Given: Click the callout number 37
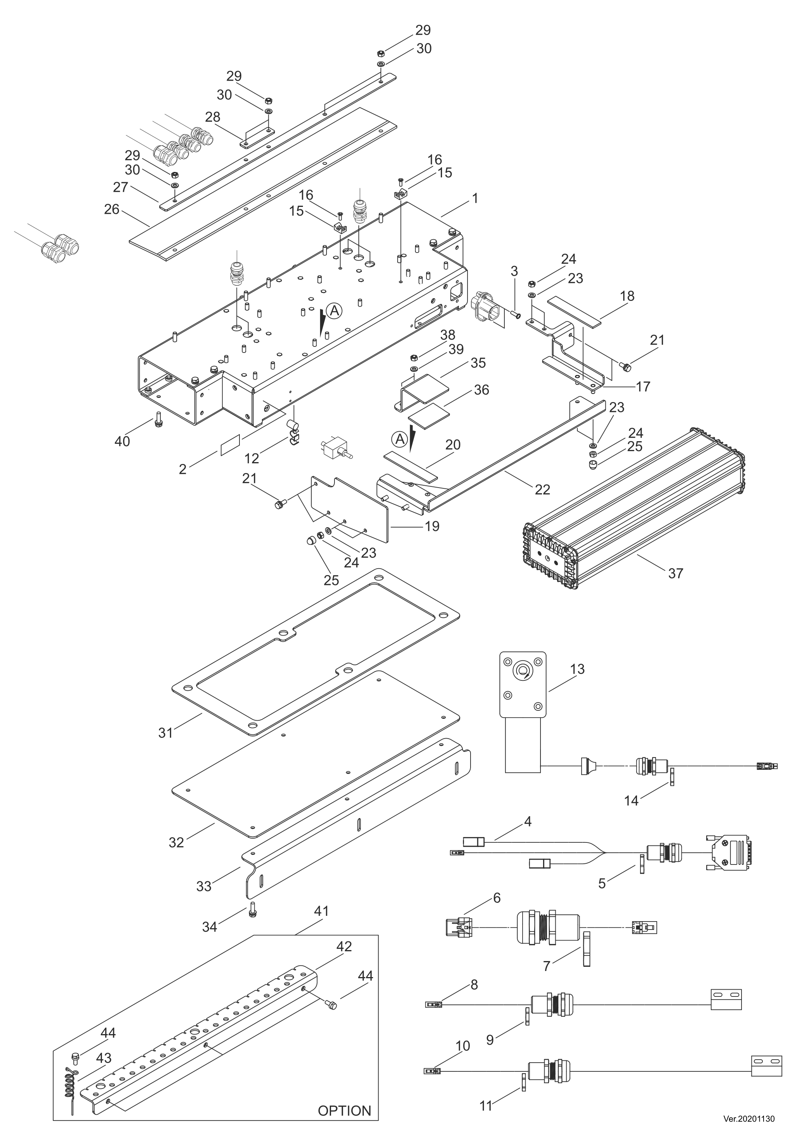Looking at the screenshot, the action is pos(675,574).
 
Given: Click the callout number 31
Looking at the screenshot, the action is pos(165,733).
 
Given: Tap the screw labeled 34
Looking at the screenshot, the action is pos(252,910).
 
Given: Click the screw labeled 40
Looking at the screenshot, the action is pos(159,420).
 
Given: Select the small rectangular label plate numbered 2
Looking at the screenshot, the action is pos(230,443).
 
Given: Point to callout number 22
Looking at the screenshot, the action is pos(542,489).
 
